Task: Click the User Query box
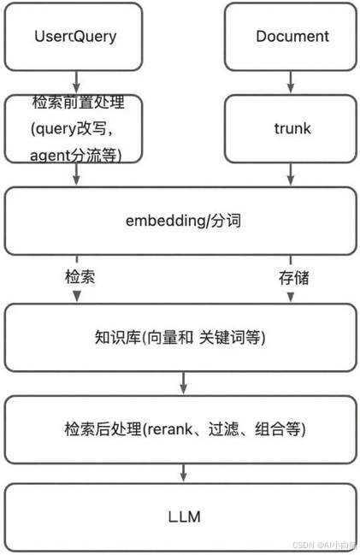pyautogui.click(x=75, y=37)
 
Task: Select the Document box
pyautogui.click(x=292, y=37)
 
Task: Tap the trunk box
pyautogui.click(x=292, y=128)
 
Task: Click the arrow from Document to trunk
pyautogui.click(x=292, y=82)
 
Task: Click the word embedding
pyautogui.click(x=161, y=221)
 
